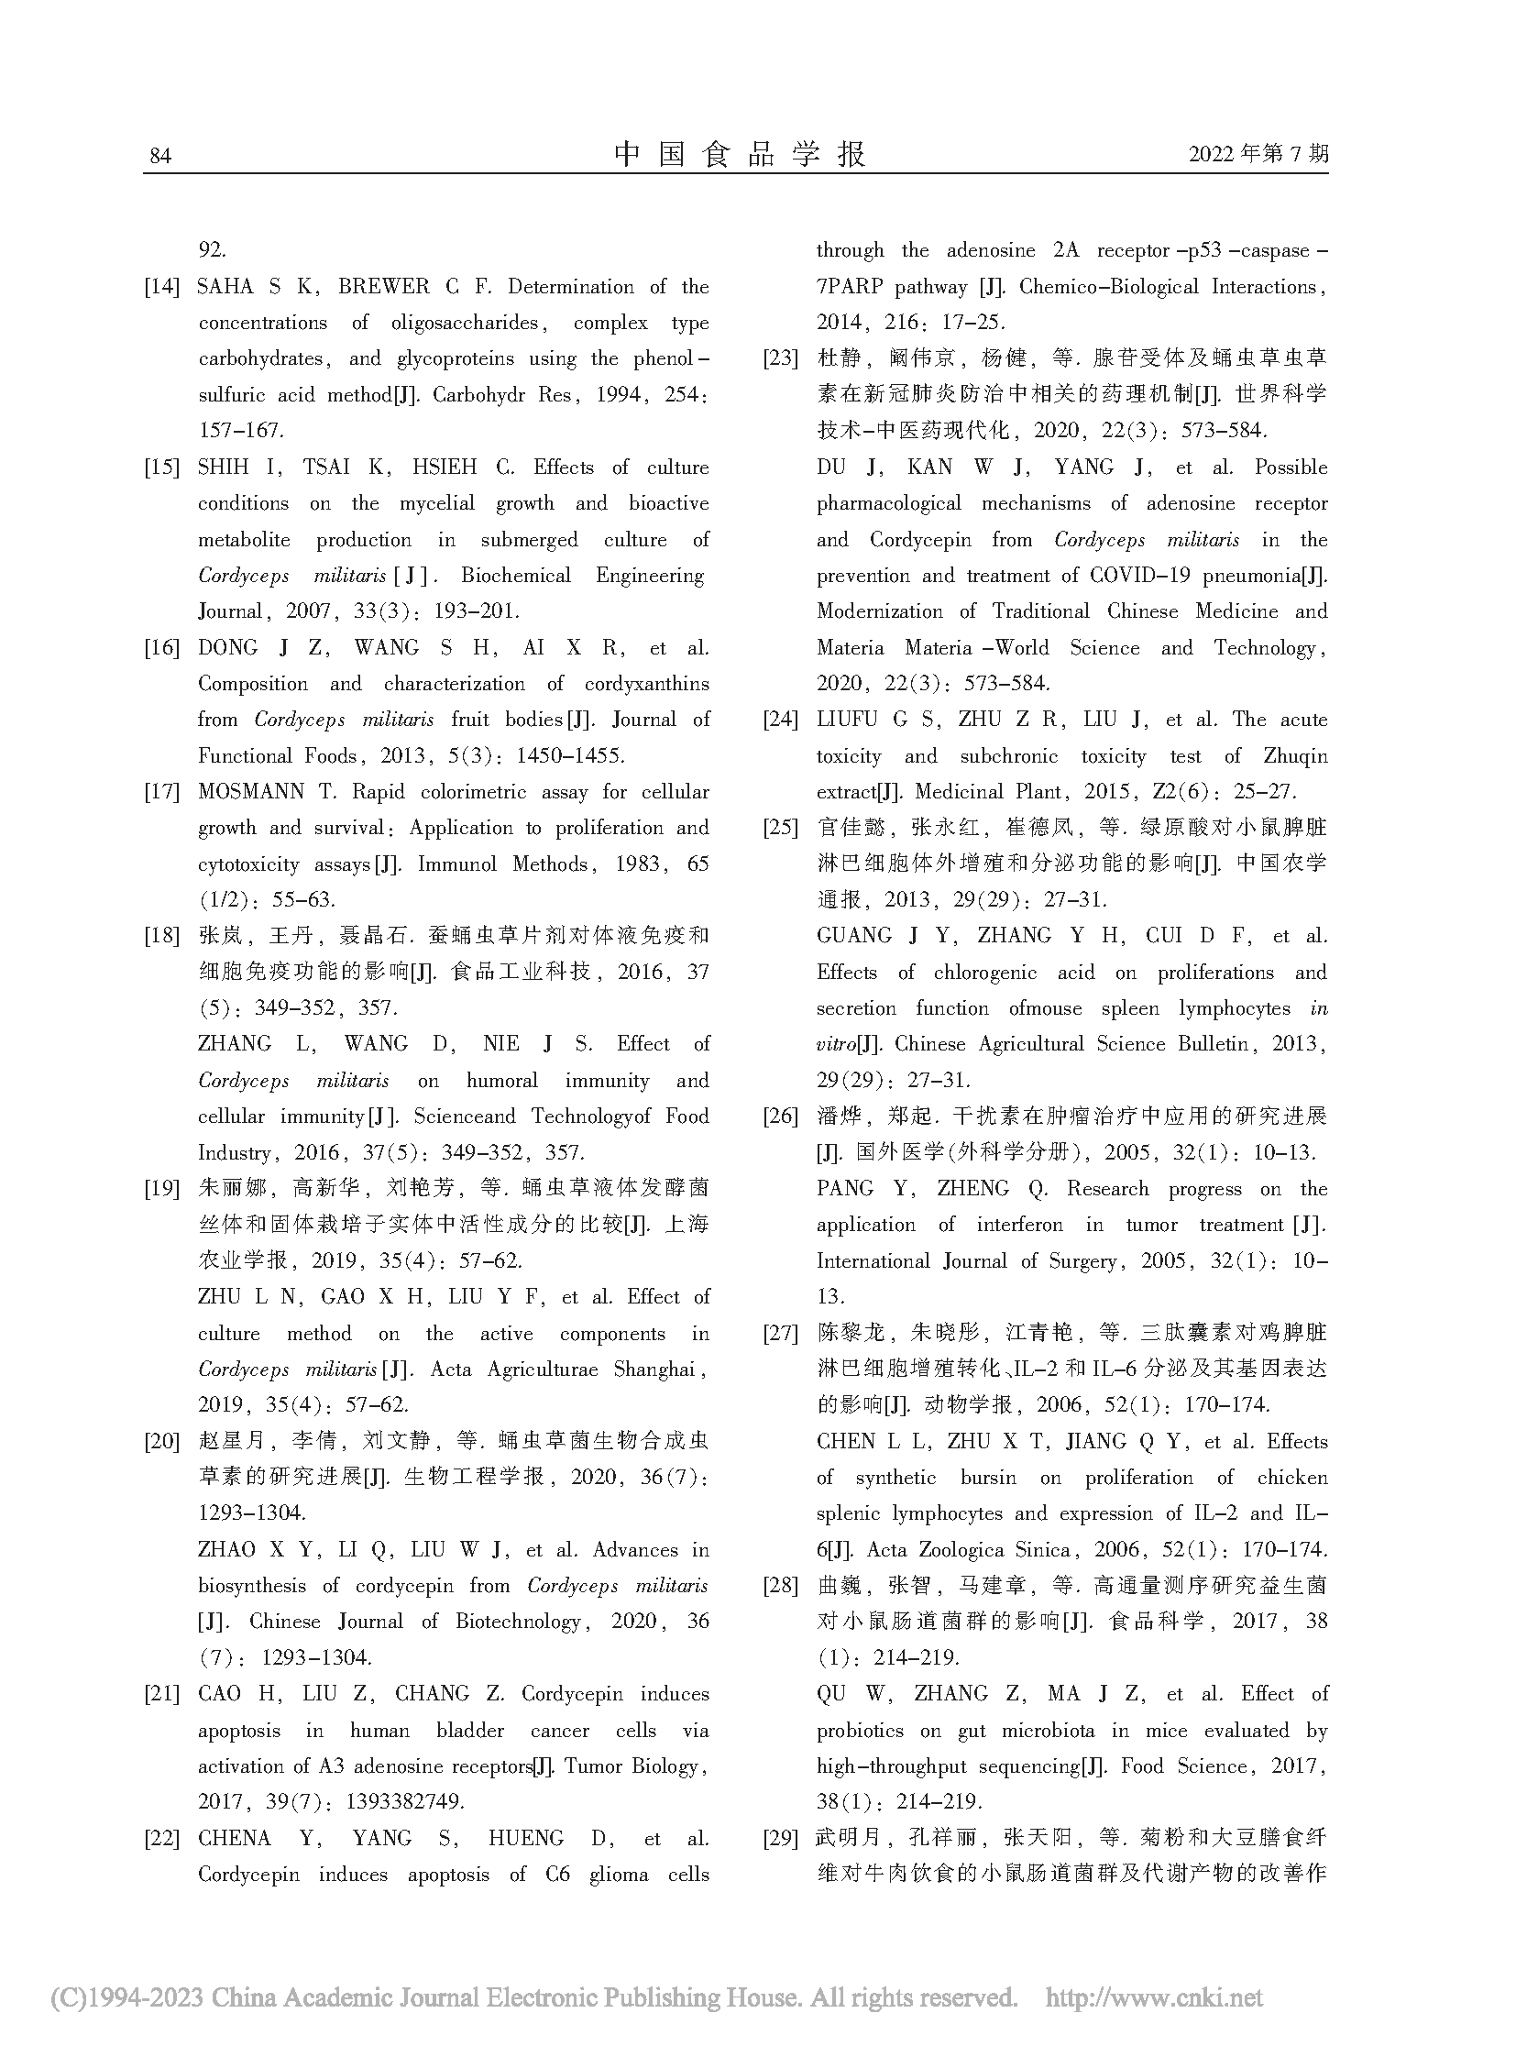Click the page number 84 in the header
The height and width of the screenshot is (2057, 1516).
(x=159, y=156)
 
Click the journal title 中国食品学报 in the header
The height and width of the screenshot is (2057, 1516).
(x=740, y=154)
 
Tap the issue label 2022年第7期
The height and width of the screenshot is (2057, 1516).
(x=1258, y=154)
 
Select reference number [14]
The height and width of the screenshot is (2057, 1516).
(x=161, y=287)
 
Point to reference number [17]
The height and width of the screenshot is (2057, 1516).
(x=161, y=792)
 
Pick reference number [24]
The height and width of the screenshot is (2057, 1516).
(x=780, y=720)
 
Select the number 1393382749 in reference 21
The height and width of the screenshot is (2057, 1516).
(x=405, y=1802)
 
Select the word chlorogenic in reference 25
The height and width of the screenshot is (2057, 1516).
(x=984, y=972)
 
